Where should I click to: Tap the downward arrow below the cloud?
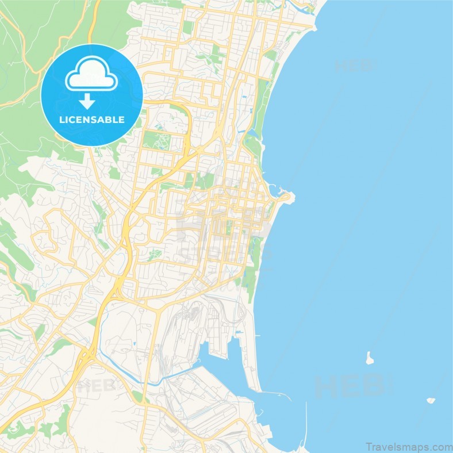click(x=87, y=102)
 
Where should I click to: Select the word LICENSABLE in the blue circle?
click(x=92, y=120)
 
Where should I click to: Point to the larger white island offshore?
click(x=368, y=358)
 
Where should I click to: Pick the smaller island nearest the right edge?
click(x=430, y=400)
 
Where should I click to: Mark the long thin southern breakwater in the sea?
click(x=305, y=425)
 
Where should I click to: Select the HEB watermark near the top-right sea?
click(x=352, y=65)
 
